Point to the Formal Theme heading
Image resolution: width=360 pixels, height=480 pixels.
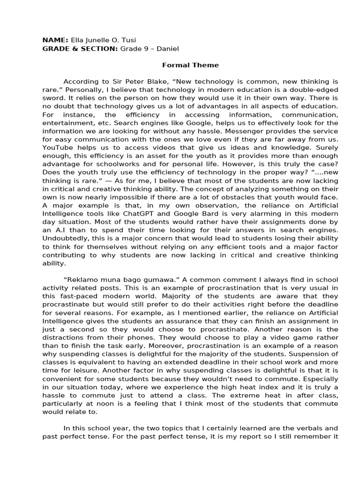pyautogui.click(x=184, y=65)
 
